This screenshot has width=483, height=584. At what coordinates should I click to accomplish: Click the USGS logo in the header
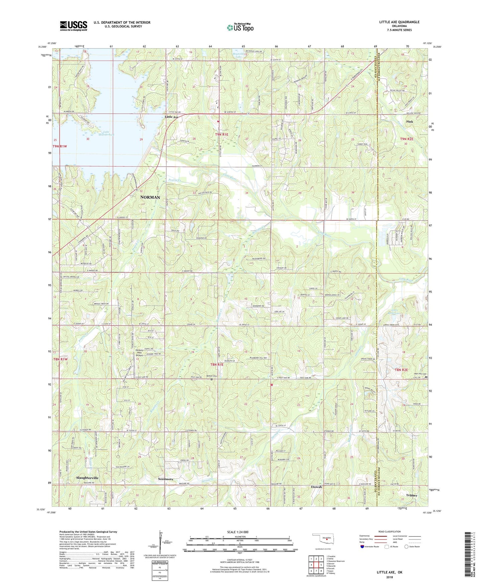pyautogui.click(x=74, y=26)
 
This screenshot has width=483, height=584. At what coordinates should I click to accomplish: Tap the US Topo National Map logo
pyautogui.click(x=240, y=27)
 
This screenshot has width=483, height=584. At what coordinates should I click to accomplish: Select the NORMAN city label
pyautogui.click(x=150, y=197)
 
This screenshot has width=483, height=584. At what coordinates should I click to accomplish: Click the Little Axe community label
pyautogui.click(x=172, y=117)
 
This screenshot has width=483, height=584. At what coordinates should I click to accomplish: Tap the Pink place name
pyautogui.click(x=409, y=122)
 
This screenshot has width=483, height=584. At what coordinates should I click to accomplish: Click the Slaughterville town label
pyautogui.click(x=87, y=478)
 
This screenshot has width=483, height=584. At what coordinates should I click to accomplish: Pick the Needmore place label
pyautogui.click(x=166, y=479)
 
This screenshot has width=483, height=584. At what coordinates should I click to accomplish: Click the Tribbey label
pyautogui.click(x=411, y=495)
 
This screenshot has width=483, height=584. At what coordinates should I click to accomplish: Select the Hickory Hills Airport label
pyautogui.click(x=139, y=353)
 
